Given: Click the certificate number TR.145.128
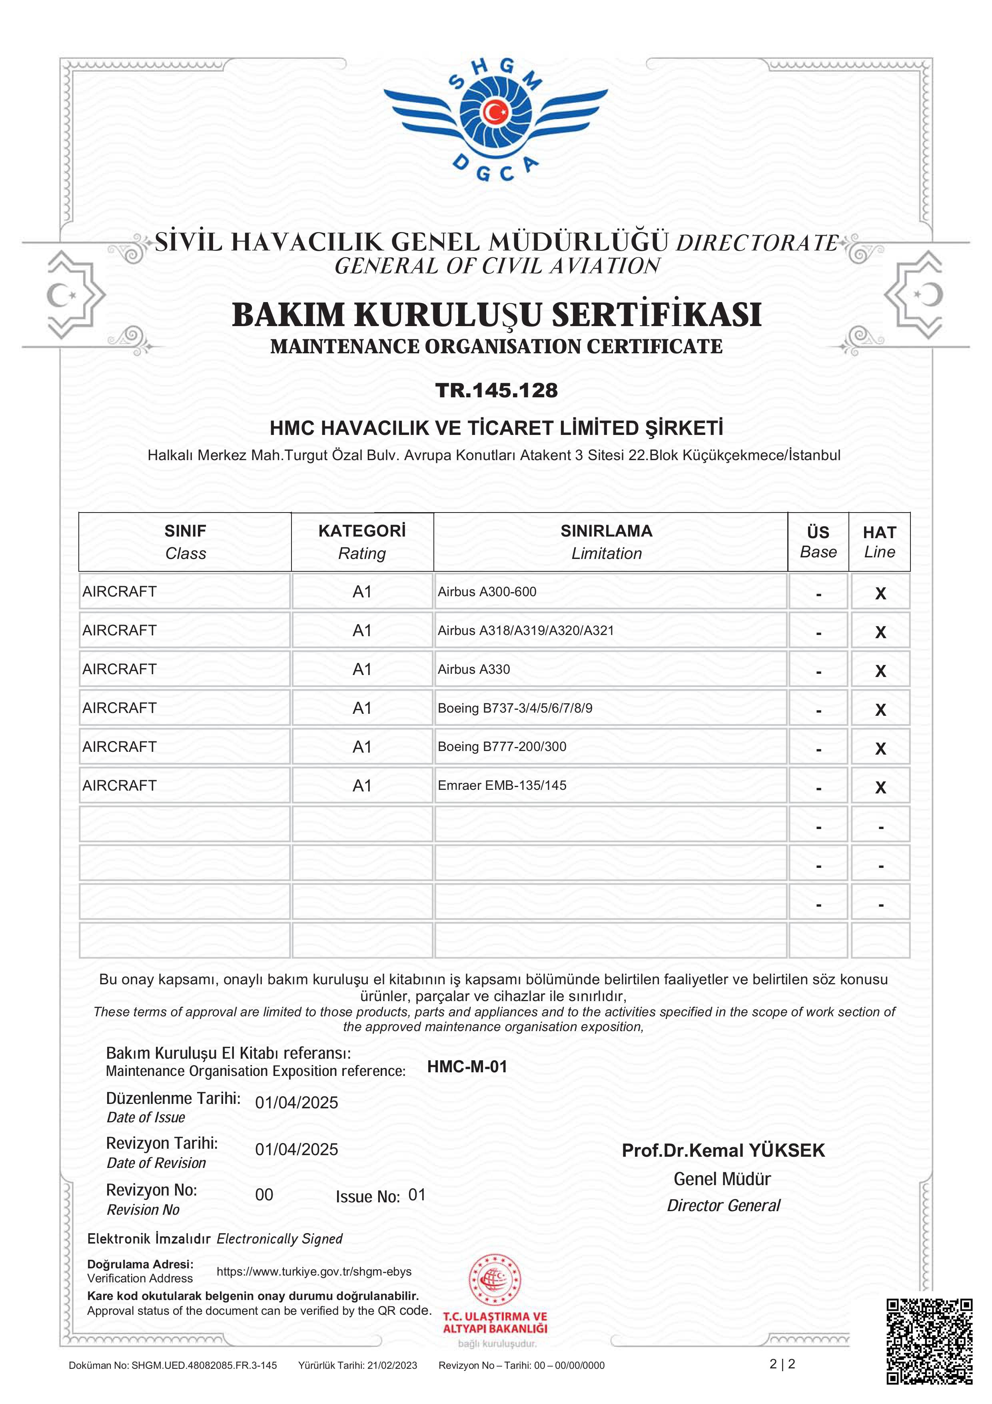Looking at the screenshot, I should [496, 390].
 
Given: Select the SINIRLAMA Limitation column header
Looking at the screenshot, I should [606, 542].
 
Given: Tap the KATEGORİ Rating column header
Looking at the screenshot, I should [362, 542].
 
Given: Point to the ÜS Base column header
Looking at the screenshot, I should [818, 542].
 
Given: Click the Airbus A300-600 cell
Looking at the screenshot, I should [487, 591].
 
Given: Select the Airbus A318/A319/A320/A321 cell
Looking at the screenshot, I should [526, 631].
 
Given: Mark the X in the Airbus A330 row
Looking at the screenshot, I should [880, 671].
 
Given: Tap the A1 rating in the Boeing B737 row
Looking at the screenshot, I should [362, 708].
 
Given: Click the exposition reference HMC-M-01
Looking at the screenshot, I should [467, 1066].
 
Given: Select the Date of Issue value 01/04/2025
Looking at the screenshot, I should [296, 1103].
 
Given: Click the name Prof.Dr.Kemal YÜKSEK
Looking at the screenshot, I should [723, 1150].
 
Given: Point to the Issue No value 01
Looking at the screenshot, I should [417, 1195].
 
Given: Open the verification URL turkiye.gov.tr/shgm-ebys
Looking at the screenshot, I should [314, 1271].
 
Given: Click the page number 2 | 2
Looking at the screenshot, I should [782, 1364].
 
